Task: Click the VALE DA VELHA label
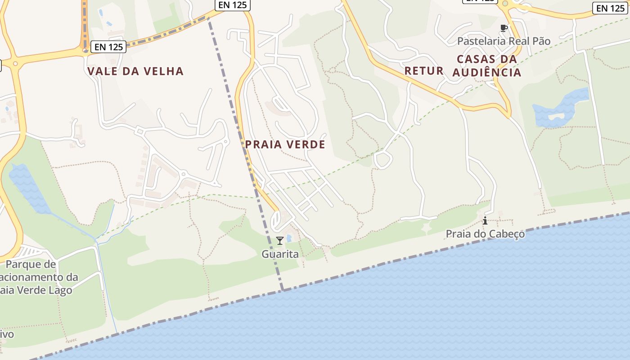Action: [x=135, y=71]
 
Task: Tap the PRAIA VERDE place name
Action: [x=285, y=144]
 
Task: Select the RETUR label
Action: [x=424, y=71]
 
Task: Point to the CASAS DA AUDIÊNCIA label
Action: [x=487, y=66]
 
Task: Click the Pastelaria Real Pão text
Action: [x=504, y=41]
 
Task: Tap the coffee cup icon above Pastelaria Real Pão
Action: [x=504, y=28]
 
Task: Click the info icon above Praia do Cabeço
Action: [x=485, y=220]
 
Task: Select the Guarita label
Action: [x=280, y=254]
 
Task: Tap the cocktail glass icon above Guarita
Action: [x=279, y=241]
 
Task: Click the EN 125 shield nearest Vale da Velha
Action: [x=108, y=46]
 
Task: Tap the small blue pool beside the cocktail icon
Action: [x=289, y=238]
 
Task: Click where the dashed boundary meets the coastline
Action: [x=283, y=290]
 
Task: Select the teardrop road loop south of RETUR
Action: [x=382, y=160]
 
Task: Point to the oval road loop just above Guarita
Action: [x=276, y=220]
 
